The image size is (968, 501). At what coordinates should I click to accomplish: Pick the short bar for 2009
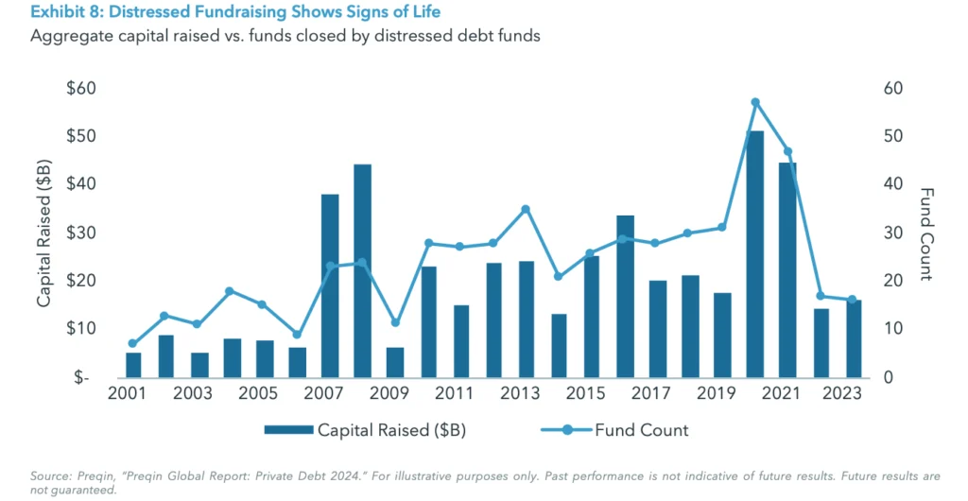pyautogui.click(x=395, y=362)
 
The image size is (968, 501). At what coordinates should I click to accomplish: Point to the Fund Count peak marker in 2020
pyautogui.click(x=754, y=102)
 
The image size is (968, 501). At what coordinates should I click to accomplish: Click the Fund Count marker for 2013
pyautogui.click(x=526, y=209)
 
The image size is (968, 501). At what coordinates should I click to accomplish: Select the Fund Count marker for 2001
pyautogui.click(x=133, y=344)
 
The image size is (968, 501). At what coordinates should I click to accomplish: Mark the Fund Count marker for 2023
pyautogui.click(x=852, y=300)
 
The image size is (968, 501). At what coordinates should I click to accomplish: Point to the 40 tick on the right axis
pyautogui.click(x=893, y=185)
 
